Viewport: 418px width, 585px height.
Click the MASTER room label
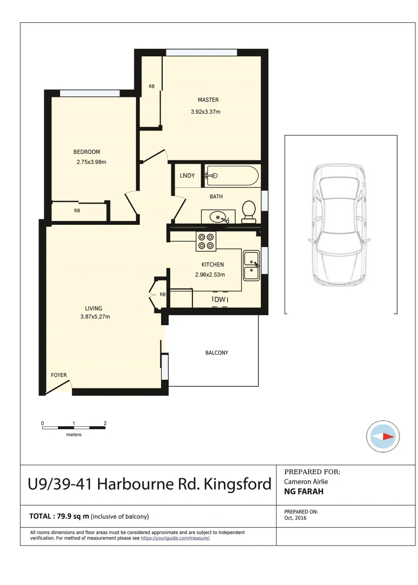tap(208, 100)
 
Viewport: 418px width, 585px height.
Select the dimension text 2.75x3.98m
tap(91, 161)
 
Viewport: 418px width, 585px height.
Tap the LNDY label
tap(187, 175)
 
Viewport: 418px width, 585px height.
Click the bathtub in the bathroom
tap(232, 175)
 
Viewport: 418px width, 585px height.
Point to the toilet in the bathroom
tap(249, 211)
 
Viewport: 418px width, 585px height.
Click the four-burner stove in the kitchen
tap(206, 241)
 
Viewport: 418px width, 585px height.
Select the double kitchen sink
tap(251, 266)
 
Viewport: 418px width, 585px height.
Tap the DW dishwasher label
tap(220, 300)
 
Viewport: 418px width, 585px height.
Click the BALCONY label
tap(216, 353)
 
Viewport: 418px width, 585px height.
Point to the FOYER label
tap(59, 375)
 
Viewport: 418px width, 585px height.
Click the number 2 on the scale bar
tap(105, 423)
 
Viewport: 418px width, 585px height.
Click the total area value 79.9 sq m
tap(72, 516)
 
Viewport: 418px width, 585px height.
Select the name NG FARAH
tap(304, 492)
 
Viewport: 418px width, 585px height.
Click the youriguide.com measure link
tap(175, 538)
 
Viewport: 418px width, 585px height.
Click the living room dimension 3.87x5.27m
tap(95, 317)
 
